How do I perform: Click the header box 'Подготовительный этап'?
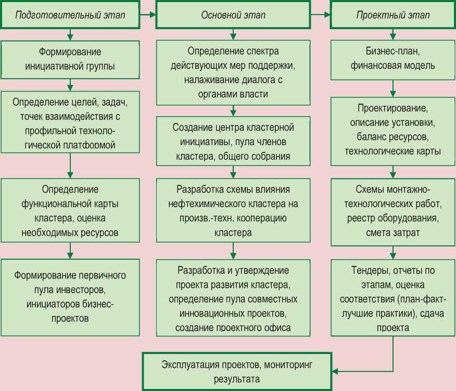(x=70, y=15)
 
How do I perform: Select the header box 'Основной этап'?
(x=233, y=15)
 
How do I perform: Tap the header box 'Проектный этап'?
(x=392, y=15)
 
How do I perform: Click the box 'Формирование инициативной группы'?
(x=70, y=59)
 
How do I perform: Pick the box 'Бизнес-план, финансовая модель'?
(x=392, y=59)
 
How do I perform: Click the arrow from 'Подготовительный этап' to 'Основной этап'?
(x=148, y=15)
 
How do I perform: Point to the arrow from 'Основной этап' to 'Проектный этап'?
(x=320, y=15)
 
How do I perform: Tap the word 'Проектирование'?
(x=392, y=110)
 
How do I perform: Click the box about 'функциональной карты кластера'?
(x=70, y=211)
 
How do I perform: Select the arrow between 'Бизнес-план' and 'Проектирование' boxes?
(x=392, y=88)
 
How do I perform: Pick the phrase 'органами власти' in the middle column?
(x=233, y=94)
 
